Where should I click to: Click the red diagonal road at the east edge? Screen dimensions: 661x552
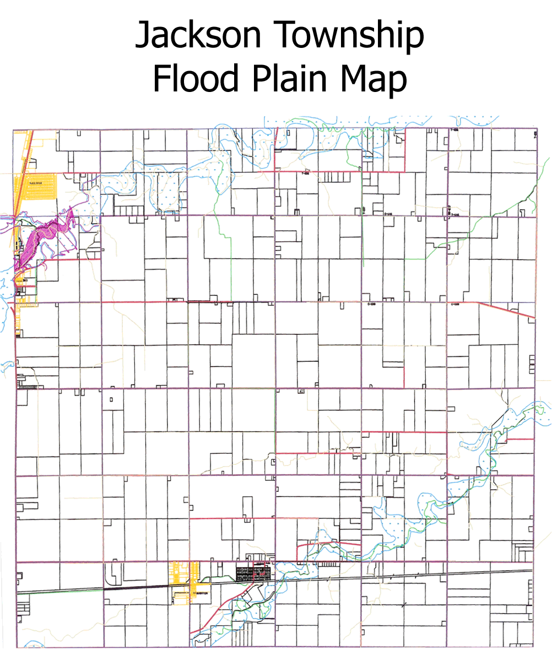pyautogui.click(x=506, y=310)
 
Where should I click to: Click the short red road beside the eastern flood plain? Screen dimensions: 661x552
pyautogui.click(x=521, y=438)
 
